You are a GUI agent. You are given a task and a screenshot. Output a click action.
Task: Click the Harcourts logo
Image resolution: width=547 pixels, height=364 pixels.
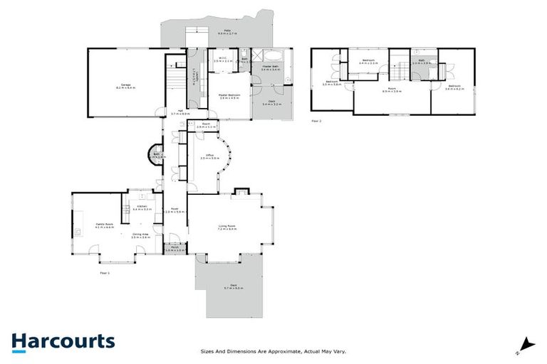tap(63, 341)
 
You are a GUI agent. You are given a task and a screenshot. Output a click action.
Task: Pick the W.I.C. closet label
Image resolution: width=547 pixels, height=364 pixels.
tap(222, 60)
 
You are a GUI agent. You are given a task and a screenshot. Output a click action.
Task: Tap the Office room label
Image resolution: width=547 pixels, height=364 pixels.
tap(209, 156)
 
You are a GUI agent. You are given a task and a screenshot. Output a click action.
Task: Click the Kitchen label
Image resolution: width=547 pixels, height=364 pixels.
tap(140, 208)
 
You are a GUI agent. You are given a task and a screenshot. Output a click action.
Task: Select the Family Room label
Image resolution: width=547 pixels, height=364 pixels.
tap(105, 225)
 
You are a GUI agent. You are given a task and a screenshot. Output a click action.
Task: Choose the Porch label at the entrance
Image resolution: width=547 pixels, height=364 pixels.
tap(174, 249)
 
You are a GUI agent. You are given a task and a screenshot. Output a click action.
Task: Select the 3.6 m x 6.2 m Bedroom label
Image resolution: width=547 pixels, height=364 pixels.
tap(454, 87)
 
